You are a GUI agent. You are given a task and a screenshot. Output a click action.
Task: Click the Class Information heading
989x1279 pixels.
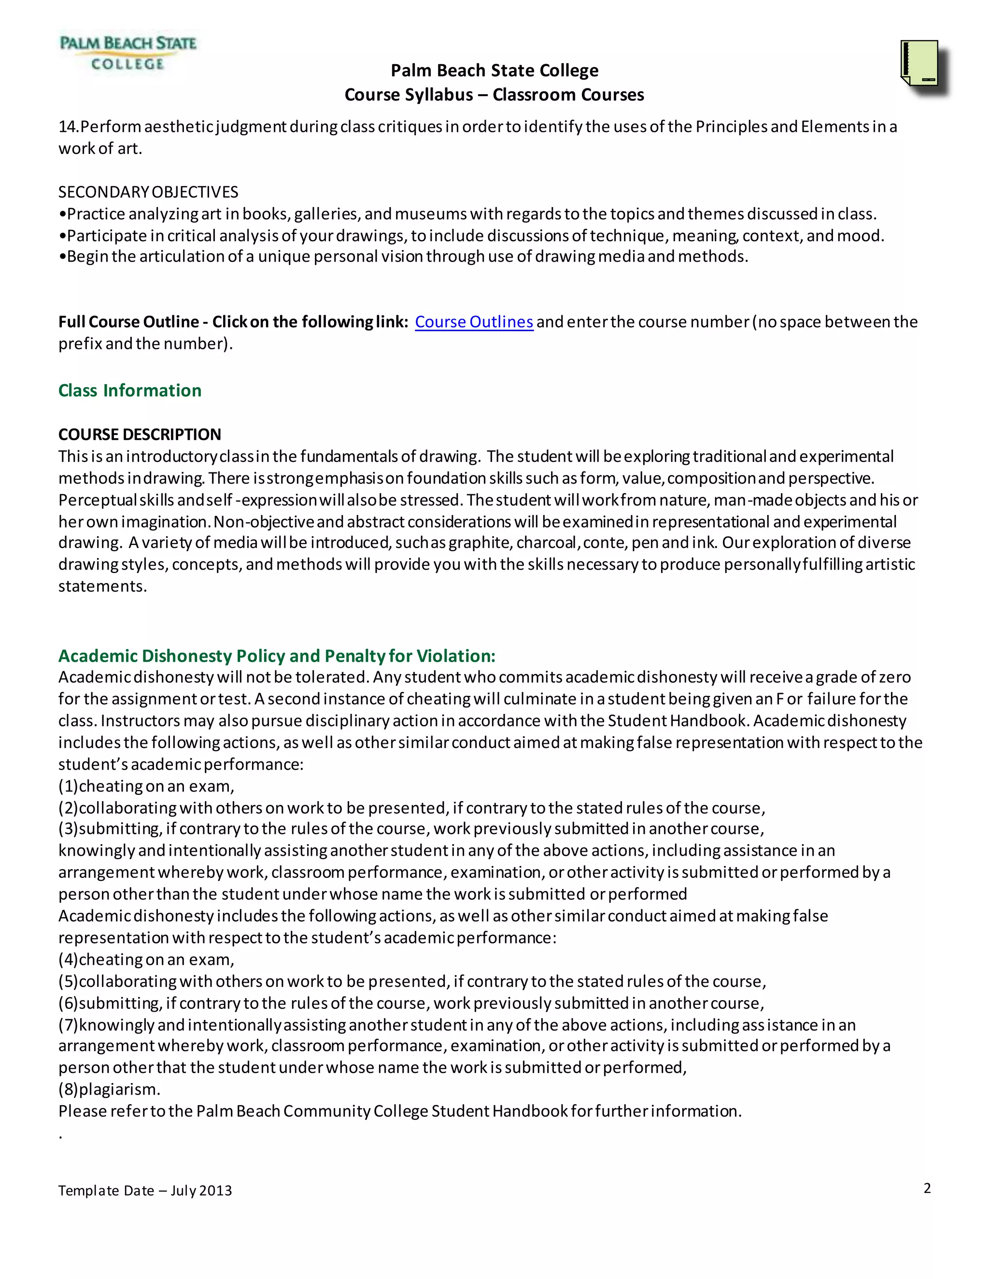pos(129,390)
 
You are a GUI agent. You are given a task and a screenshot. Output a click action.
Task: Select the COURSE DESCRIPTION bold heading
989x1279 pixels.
pos(140,434)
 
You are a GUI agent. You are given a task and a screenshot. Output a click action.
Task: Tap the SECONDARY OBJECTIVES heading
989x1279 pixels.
pos(148,192)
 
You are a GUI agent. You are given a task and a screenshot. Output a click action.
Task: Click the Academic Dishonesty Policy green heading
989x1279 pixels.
pos(277,655)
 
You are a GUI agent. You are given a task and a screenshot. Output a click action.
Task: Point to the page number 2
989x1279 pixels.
pos(927,1188)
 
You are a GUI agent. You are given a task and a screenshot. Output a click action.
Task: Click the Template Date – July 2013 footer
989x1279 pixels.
pos(145,1191)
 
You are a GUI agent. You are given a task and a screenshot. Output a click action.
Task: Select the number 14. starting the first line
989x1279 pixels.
pos(68,127)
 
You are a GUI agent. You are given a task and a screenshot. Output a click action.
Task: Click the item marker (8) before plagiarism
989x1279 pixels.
pos(68,1089)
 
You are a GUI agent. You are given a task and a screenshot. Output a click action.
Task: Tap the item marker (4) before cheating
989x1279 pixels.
pos(68,959)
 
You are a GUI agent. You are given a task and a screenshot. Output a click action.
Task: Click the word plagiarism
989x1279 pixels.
pos(119,1089)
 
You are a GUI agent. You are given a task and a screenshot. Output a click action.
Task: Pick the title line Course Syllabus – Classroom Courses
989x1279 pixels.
pos(494,95)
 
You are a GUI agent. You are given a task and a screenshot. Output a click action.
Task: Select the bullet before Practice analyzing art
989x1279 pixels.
pos(62,214)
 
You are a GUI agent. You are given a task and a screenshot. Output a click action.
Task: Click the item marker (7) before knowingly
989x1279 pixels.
pos(68,1025)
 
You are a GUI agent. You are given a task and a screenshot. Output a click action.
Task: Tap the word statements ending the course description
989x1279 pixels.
pos(102,586)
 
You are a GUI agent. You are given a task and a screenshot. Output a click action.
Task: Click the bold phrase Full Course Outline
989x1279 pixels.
pos(128,322)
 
